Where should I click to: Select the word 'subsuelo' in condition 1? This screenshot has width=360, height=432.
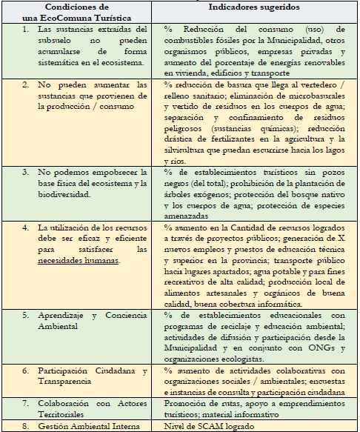(x=56, y=41)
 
